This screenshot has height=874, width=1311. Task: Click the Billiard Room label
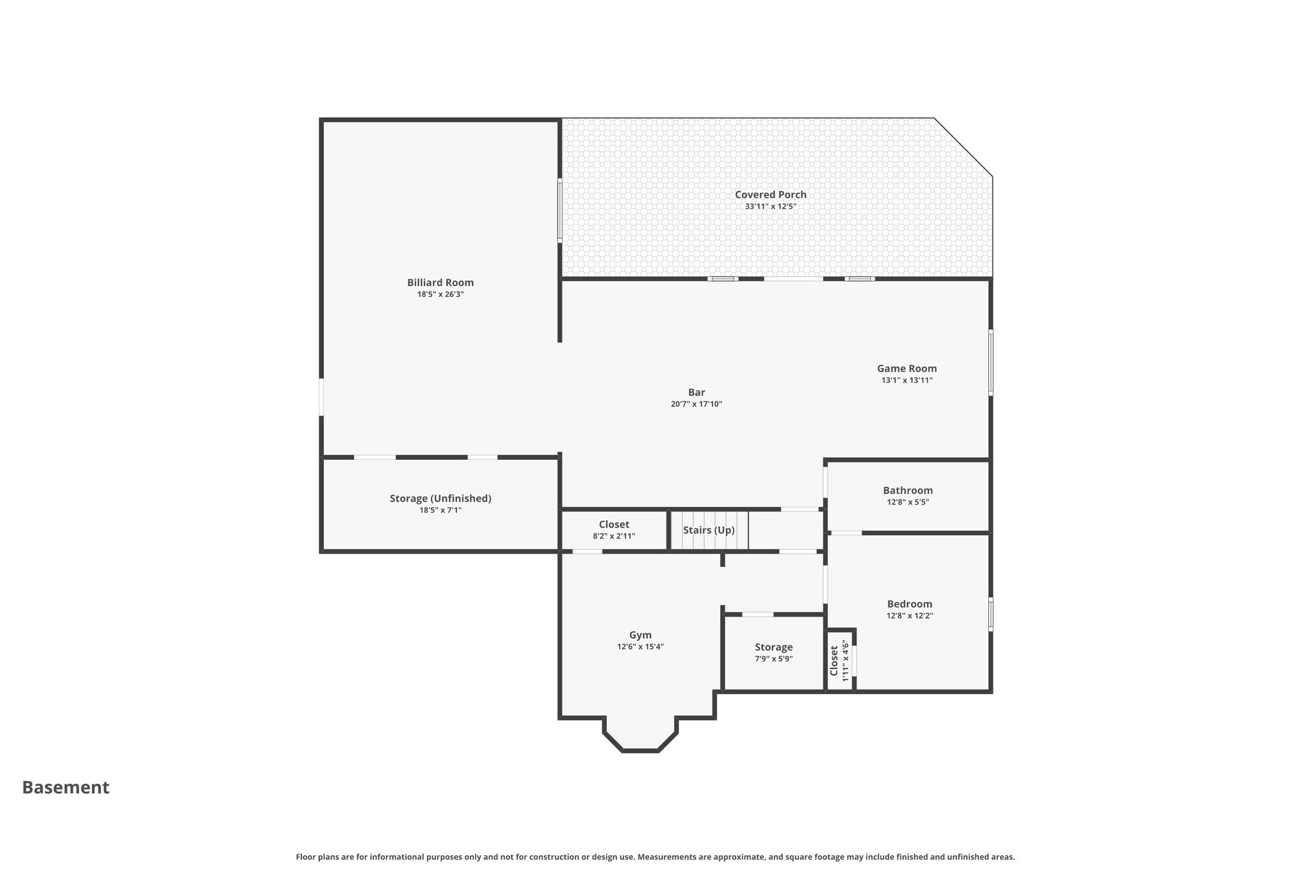click(x=440, y=282)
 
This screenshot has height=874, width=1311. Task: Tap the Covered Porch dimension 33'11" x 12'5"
click(x=770, y=206)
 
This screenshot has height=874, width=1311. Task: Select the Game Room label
click(x=906, y=368)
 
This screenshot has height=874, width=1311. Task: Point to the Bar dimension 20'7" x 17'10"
click(x=696, y=404)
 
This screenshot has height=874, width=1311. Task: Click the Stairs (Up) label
click(x=709, y=530)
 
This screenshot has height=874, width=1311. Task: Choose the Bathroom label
click(x=908, y=490)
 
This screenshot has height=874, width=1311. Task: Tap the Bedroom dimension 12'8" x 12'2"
click(x=910, y=616)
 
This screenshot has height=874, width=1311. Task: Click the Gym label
click(x=640, y=635)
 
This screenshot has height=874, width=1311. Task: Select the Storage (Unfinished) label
click(x=440, y=498)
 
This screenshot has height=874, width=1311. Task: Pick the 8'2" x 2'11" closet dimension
click(x=614, y=536)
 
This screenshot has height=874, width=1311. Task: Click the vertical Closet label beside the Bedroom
click(x=834, y=660)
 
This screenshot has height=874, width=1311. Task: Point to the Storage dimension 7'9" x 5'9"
click(x=773, y=659)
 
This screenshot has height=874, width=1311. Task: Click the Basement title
click(x=66, y=788)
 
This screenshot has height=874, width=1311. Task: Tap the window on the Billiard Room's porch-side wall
click(x=559, y=211)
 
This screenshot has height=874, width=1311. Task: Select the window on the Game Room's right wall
click(x=991, y=362)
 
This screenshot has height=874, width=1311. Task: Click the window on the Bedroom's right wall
click(x=991, y=614)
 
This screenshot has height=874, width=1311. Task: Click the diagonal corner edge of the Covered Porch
click(x=963, y=147)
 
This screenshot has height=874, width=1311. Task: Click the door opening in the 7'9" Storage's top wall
click(x=758, y=615)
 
